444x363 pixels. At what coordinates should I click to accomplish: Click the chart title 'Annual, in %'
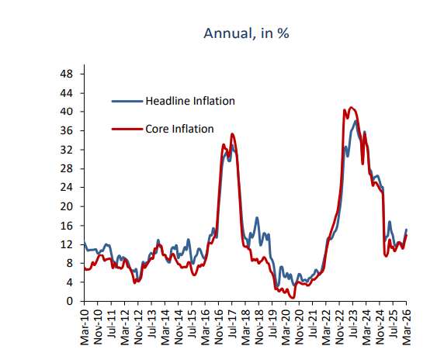[246, 33]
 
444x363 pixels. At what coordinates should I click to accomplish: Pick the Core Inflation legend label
[179, 129]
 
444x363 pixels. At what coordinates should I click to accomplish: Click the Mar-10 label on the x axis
[85, 324]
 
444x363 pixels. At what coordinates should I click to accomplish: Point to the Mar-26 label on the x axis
[407, 324]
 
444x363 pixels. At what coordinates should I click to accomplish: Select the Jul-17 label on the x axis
[233, 324]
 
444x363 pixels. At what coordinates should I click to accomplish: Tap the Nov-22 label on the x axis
[340, 324]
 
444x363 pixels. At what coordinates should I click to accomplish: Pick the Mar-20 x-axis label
[286, 324]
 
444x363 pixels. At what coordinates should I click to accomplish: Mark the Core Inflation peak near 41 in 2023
[352, 108]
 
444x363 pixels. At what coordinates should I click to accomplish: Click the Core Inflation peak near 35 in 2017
[232, 134]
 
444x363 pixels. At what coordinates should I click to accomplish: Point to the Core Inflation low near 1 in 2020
[293, 297]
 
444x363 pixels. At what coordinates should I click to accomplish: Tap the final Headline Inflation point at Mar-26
[407, 230]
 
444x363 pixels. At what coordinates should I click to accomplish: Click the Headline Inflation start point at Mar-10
[84, 244]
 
